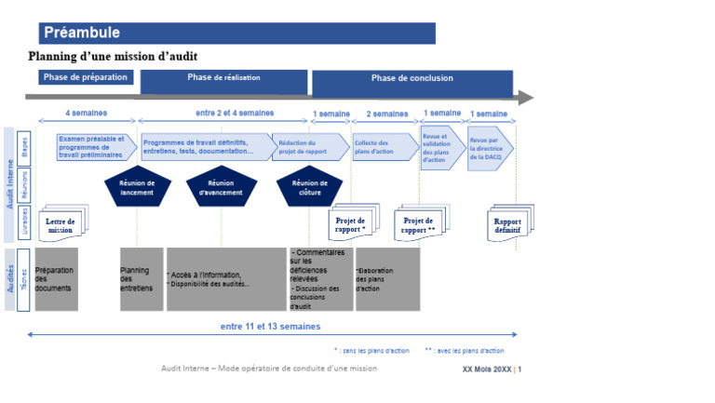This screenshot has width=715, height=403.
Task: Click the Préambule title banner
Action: tap(237, 34)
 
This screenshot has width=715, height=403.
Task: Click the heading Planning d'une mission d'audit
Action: tap(126, 57)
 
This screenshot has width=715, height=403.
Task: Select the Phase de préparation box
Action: tap(86, 77)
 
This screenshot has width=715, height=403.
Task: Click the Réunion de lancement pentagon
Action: tap(137, 187)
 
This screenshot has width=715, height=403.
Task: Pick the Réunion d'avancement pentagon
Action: tap(222, 187)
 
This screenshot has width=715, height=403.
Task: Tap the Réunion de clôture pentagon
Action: tap(310, 187)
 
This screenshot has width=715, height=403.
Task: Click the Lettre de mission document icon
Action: tap(61, 224)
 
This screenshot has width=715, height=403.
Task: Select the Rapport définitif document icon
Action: tap(508, 223)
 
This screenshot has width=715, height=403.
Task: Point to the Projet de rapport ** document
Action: tap(419, 224)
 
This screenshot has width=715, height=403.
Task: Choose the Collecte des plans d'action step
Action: tap(383, 147)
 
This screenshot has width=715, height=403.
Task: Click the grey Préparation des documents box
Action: tap(56, 279)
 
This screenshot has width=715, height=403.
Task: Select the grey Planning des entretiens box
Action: tap(142, 279)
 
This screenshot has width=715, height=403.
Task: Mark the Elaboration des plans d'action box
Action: tap(386, 279)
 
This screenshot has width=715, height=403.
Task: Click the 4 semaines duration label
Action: tap(86, 114)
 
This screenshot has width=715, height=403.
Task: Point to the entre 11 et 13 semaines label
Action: tap(270, 327)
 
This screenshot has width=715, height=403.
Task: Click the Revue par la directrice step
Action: tap(489, 147)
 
